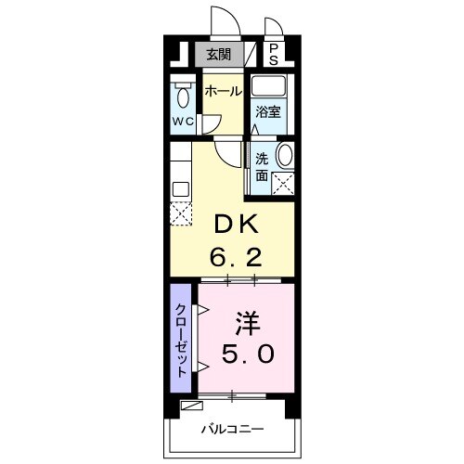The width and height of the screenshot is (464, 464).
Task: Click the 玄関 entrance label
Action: tap(219, 54)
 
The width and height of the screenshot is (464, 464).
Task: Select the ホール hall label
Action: tap(223, 91)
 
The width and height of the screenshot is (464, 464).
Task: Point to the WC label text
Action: tap(183, 121)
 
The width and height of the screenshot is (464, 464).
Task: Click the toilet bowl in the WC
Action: tap(182, 96)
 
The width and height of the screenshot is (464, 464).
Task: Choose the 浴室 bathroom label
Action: tap(269, 113)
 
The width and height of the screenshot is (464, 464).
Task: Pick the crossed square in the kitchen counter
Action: tap(180, 213)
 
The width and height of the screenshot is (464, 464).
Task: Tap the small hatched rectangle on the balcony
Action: tap(191, 405)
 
